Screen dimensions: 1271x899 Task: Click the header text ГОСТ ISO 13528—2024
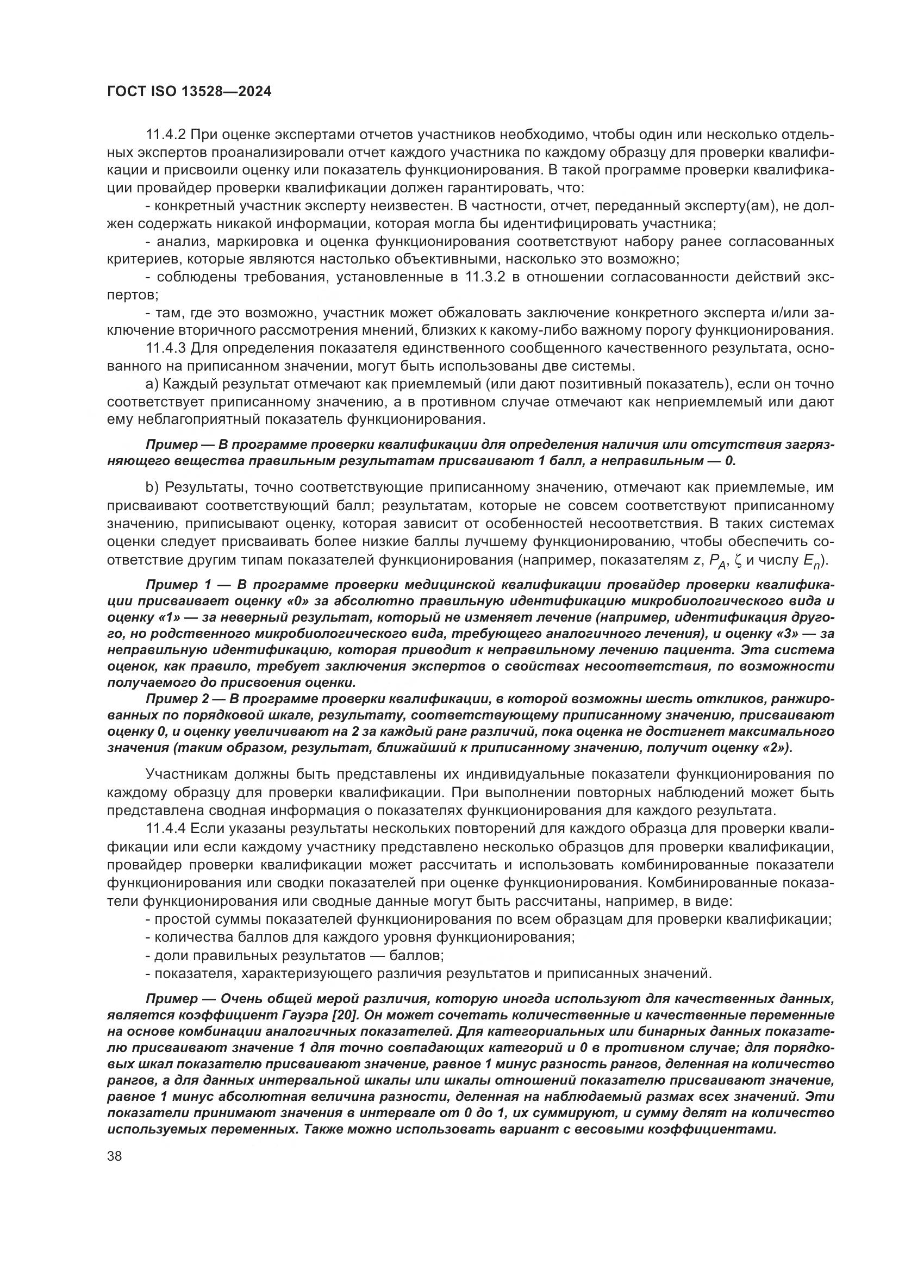pos(189,92)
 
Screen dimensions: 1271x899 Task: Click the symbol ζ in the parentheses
pos(736,560)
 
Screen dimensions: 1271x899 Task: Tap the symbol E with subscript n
pos(810,561)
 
